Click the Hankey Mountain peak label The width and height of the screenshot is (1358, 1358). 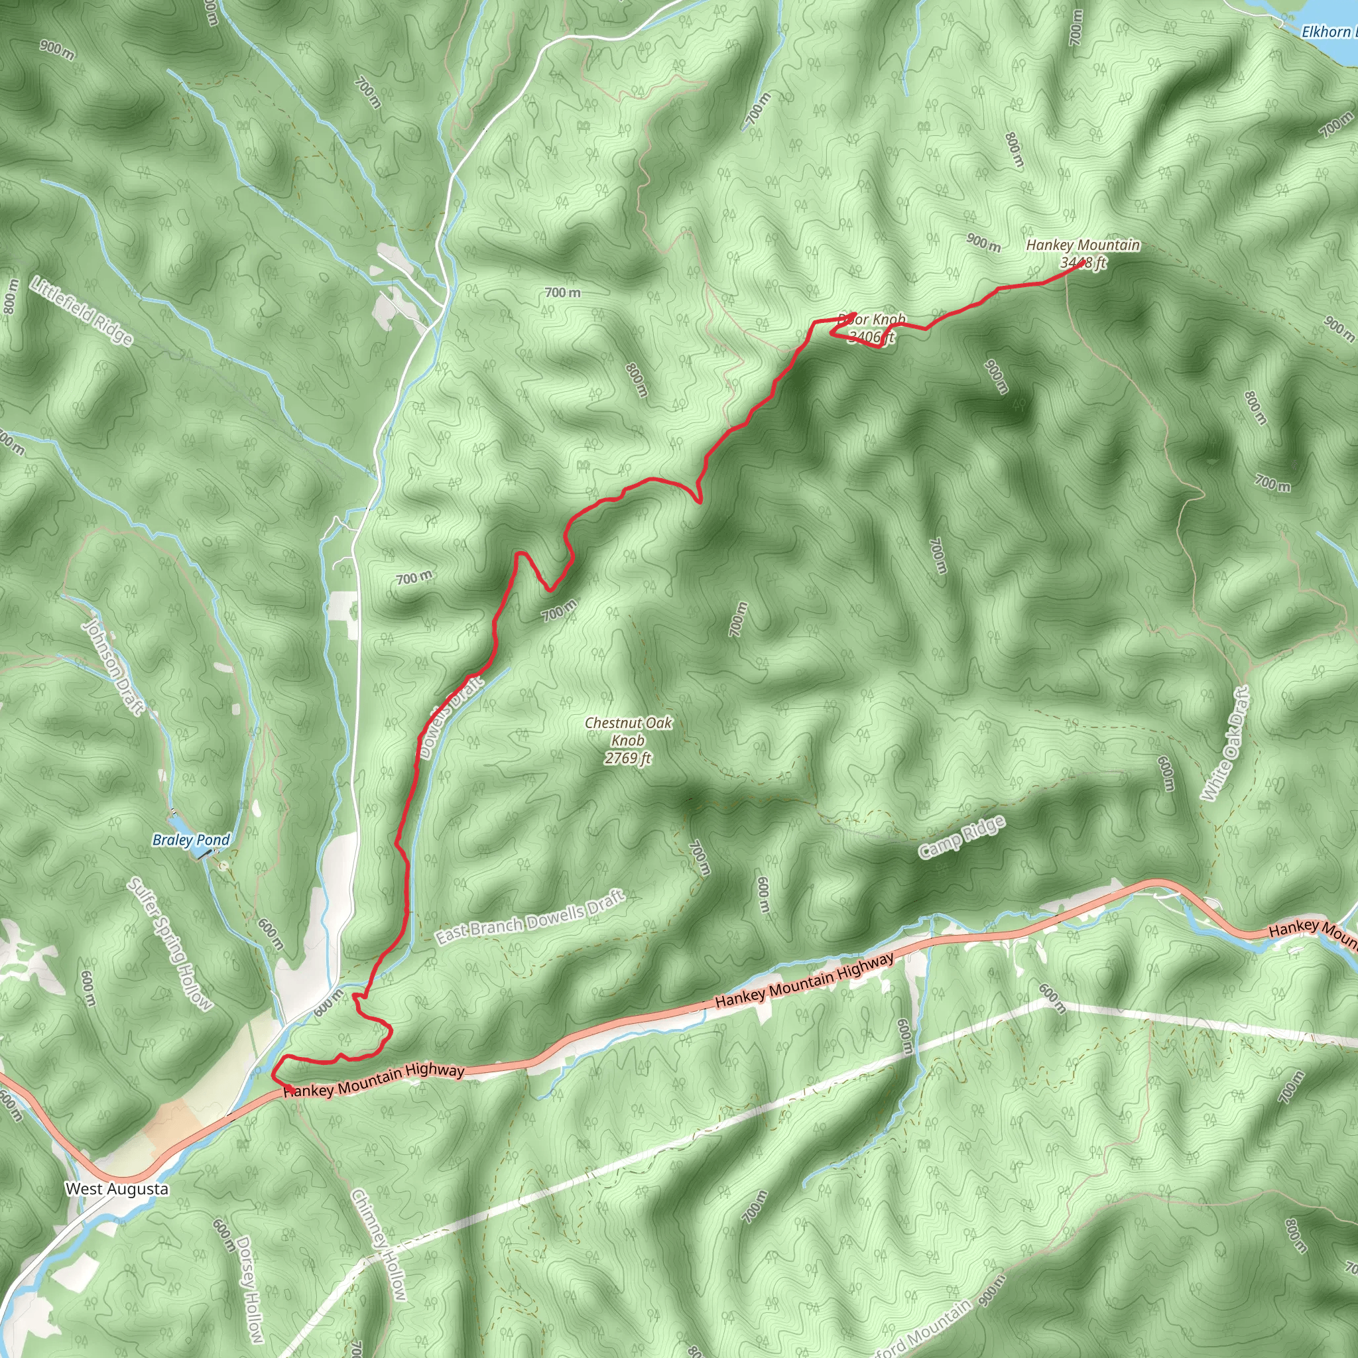(x=1082, y=245)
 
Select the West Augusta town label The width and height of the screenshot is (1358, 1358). (x=117, y=1190)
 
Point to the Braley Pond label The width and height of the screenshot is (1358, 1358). (x=191, y=840)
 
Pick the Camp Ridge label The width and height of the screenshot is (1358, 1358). (x=961, y=838)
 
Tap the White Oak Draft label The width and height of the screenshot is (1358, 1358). (x=1225, y=745)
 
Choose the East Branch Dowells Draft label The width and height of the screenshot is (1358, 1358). (x=530, y=917)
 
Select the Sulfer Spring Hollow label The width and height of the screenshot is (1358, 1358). (x=168, y=944)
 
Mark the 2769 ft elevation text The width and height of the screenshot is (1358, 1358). (x=628, y=758)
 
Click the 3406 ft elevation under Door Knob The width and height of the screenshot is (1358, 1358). (x=871, y=337)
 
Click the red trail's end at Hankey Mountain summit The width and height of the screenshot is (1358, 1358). (x=1081, y=264)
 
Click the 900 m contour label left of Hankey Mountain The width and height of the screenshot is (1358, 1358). (x=983, y=243)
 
